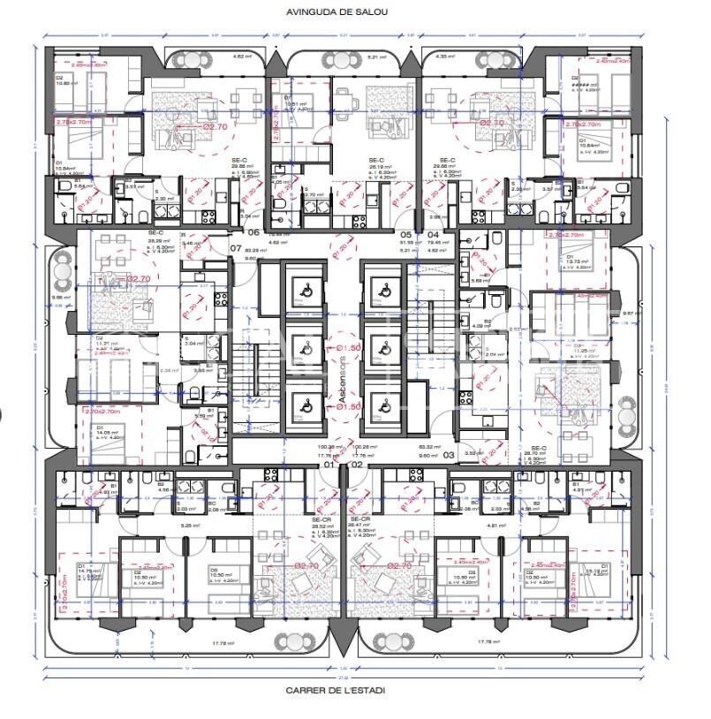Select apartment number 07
[236, 249]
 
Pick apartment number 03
[449, 455]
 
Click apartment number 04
[433, 234]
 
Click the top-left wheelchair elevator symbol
[298, 285]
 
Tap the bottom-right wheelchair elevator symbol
[383, 408]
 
